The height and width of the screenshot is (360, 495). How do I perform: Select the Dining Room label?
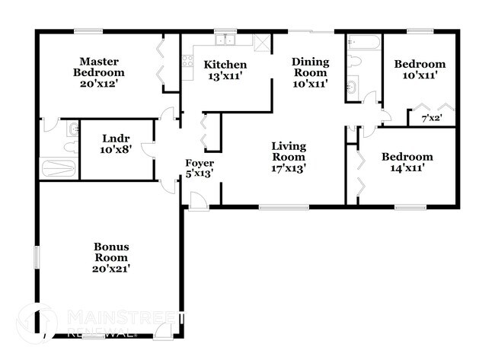(x=309, y=72)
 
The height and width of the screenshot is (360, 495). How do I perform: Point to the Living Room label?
(x=289, y=157)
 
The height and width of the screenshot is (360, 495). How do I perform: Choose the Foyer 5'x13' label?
(x=200, y=168)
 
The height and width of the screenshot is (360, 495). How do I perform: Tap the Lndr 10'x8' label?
(x=117, y=145)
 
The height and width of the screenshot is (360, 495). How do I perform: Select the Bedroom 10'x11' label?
(x=420, y=71)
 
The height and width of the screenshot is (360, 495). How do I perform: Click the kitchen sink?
(x=224, y=40)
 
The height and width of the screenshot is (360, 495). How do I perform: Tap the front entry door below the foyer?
(x=198, y=201)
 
